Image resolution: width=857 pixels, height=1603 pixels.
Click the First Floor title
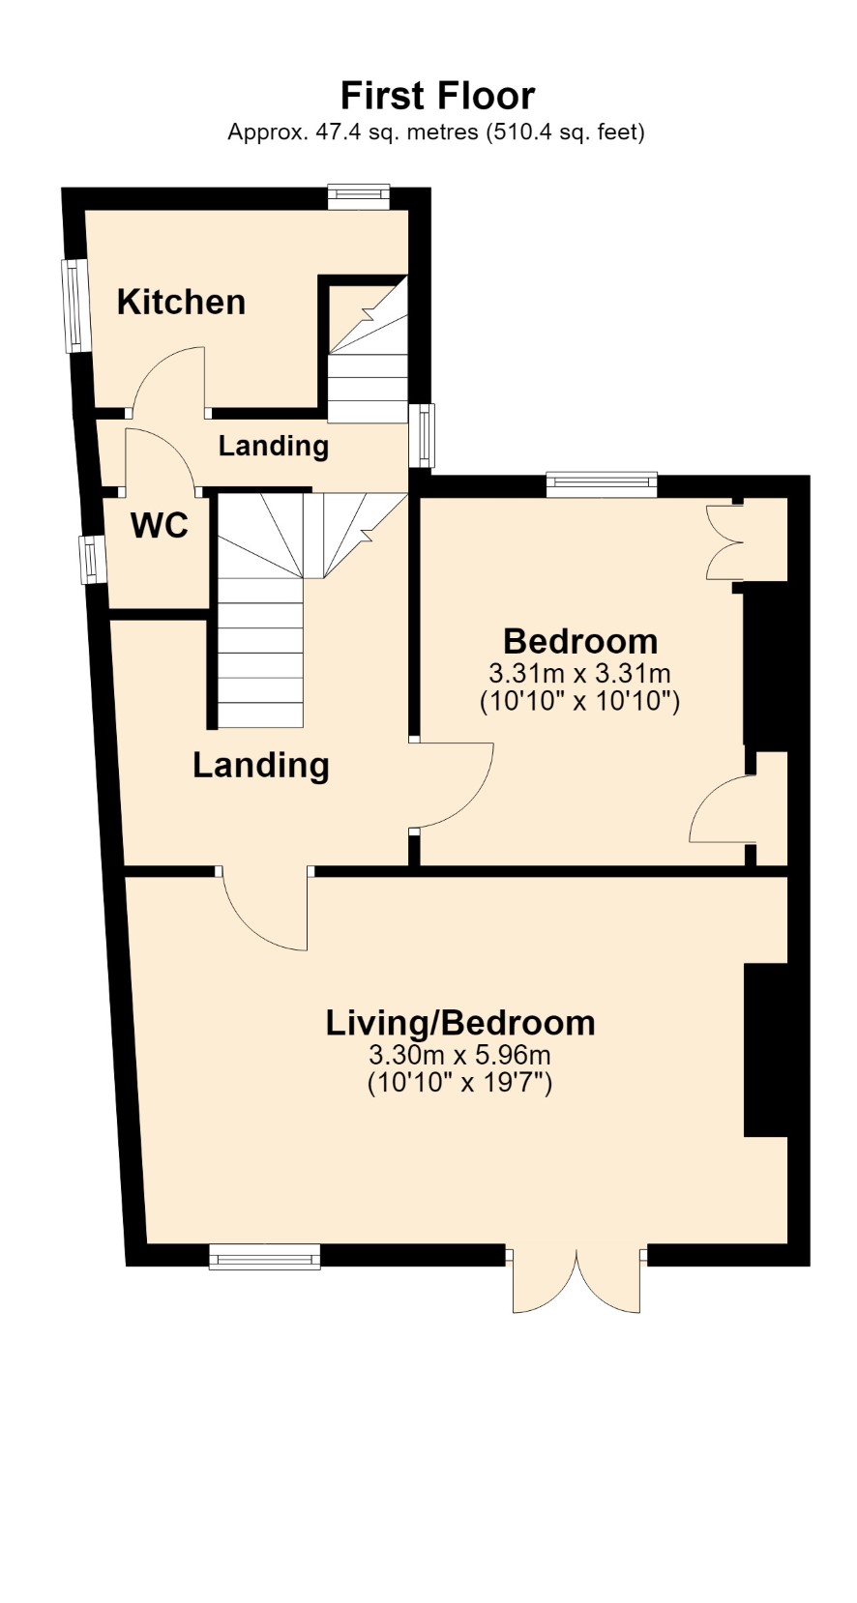437,96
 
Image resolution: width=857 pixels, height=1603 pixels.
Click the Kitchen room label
181,302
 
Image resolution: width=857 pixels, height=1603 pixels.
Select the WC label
159,526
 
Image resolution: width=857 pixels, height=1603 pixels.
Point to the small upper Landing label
274,446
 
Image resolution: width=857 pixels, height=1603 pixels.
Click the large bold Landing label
261,766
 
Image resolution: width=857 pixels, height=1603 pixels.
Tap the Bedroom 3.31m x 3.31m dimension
579,674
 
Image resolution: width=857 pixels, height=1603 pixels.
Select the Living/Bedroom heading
460,1023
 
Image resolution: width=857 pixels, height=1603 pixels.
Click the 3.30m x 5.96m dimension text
459,1055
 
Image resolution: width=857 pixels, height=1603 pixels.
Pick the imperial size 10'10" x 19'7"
459,1082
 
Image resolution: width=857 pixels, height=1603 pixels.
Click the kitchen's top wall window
359,197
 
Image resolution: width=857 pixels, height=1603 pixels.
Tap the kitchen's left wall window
74,306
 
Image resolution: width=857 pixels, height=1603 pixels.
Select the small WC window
91,560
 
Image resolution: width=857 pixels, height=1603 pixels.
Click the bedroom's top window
602,483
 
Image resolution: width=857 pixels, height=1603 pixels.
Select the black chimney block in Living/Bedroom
765,1050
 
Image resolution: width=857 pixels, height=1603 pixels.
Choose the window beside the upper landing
423,436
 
